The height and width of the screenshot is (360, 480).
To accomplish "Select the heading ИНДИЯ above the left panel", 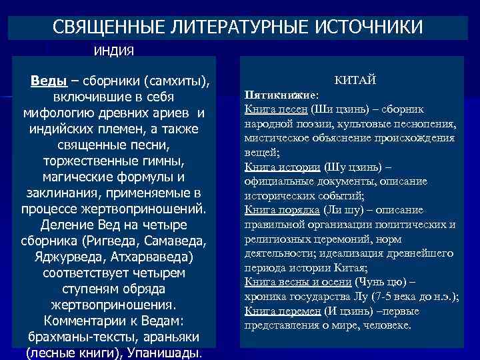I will point(113,51).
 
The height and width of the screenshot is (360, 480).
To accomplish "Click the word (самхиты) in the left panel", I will point(175,81).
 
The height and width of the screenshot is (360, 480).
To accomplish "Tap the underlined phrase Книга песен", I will point(276,109).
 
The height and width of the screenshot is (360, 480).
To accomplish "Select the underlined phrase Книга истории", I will point(283,167).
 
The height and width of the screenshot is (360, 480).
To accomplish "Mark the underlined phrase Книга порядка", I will point(283,210).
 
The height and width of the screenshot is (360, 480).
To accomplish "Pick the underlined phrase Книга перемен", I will point(283,311).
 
